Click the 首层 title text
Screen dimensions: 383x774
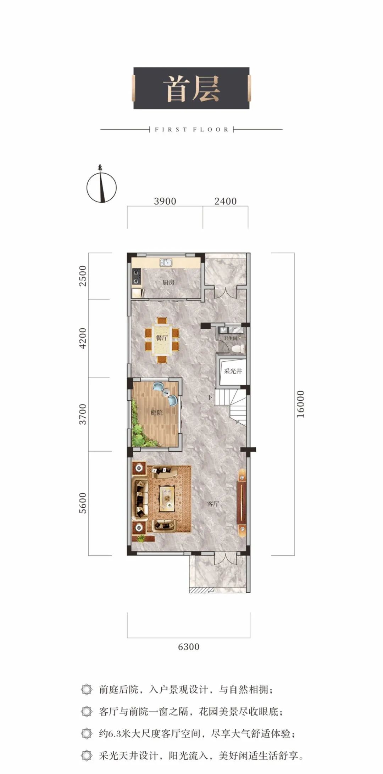pos(191,89)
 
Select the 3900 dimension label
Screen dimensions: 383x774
pos(165,201)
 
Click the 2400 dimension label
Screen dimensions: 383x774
pos(225,201)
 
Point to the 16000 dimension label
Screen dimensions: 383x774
pos(300,404)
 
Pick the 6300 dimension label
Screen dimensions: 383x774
pos(189,647)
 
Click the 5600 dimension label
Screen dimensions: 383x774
pos(82,503)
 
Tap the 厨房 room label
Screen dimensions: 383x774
pos(168,283)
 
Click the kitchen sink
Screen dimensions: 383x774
pos(166,262)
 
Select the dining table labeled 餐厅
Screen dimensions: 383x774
pos(162,338)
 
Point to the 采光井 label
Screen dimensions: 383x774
pos(233,371)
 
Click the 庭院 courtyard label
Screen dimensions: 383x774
pos(156,413)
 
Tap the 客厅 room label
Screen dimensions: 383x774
pos(213,504)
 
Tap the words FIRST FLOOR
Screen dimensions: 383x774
pos(191,130)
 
